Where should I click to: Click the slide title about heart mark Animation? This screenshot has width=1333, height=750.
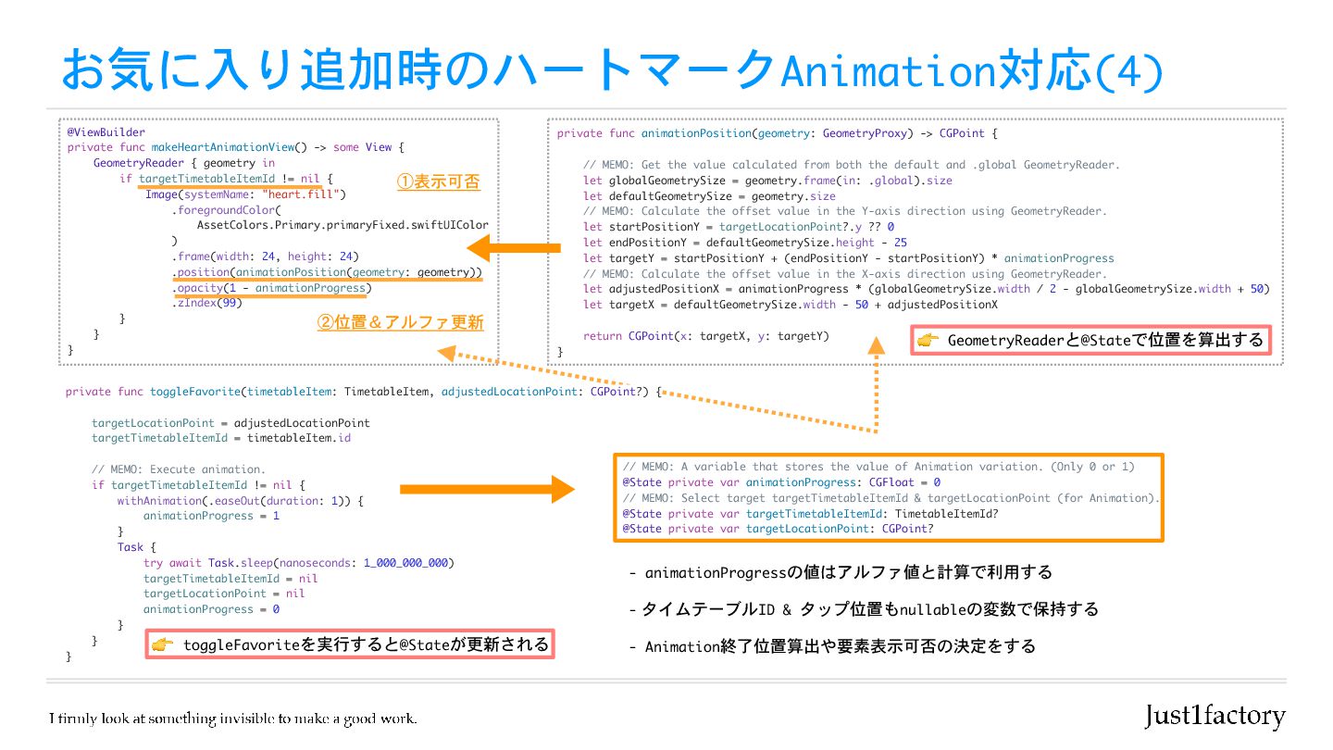pos(611,71)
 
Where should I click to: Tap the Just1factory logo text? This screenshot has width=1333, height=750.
pos(1215,716)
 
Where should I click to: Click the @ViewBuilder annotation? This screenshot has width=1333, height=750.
pos(106,132)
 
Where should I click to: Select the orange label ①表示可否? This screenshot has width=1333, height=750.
pos(439,182)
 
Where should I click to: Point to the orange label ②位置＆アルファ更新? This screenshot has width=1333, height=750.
pos(400,323)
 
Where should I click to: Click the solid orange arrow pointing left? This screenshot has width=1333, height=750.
pos(514,247)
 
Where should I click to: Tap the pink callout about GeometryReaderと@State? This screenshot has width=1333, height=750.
pos(1091,340)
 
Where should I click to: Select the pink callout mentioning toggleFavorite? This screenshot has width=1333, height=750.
pos(350,644)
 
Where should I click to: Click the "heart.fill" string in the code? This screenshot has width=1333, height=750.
pos(303,194)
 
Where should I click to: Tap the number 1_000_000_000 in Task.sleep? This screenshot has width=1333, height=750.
pos(409,562)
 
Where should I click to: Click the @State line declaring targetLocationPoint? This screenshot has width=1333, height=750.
pos(779,529)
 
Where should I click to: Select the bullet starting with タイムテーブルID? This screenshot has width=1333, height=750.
pos(863,609)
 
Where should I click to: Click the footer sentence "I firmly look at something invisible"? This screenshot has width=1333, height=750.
pos(233,719)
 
